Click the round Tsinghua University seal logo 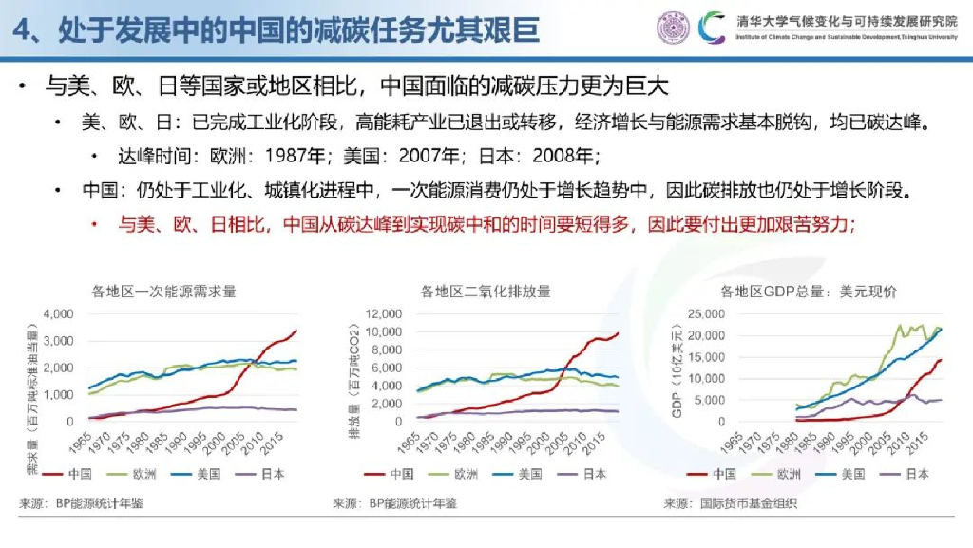click(x=673, y=27)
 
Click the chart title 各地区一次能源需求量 click(x=163, y=292)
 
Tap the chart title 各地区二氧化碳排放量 click(x=486, y=292)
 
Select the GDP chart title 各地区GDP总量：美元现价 click(x=809, y=292)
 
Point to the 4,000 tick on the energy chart click(x=59, y=313)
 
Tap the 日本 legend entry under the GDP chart click(x=915, y=474)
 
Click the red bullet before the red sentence click(x=95, y=224)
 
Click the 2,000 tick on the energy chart click(x=59, y=368)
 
